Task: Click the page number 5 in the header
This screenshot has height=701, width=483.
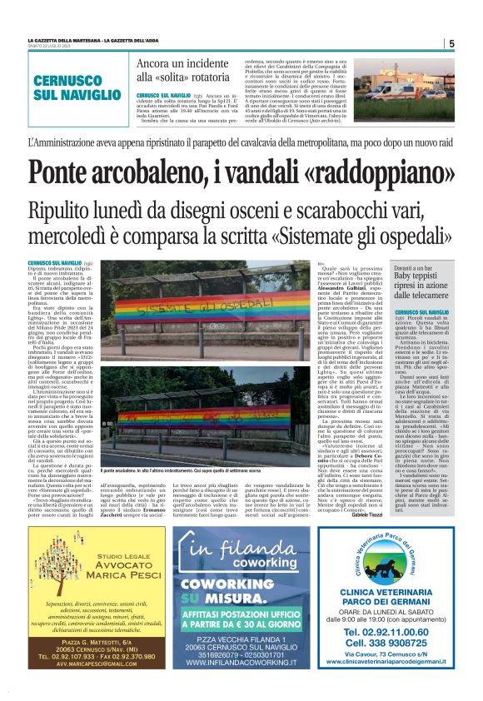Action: click(x=451, y=44)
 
